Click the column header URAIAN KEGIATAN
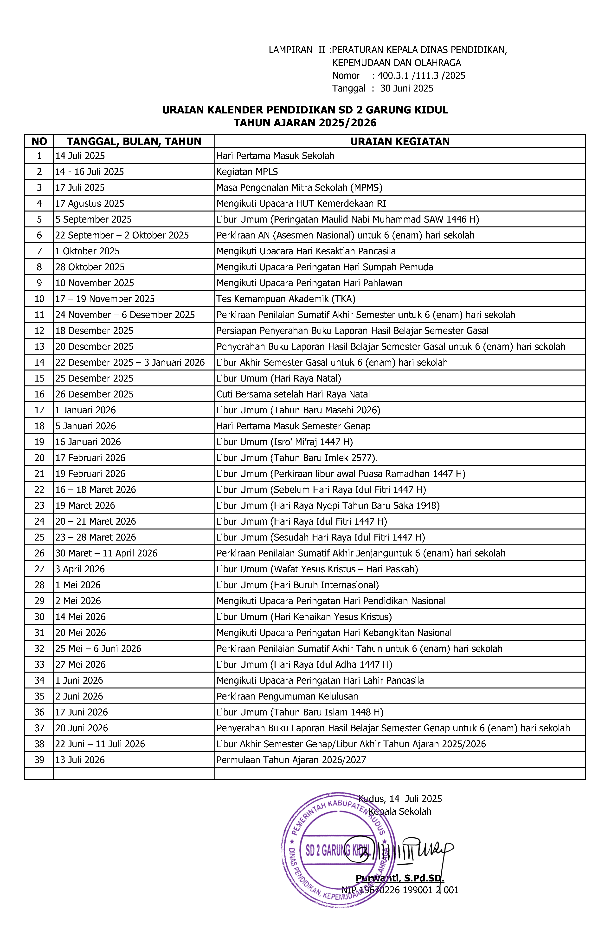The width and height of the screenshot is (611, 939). click(400, 141)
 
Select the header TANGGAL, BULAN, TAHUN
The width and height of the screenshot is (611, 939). click(134, 141)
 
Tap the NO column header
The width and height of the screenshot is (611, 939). click(39, 141)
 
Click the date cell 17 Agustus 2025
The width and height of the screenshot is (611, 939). click(90, 204)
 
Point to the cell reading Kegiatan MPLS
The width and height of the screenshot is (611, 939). click(247, 172)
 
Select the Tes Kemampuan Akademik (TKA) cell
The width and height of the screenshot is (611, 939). click(286, 299)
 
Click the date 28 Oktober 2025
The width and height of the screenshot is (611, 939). click(90, 267)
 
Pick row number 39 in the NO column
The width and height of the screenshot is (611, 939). click(39, 760)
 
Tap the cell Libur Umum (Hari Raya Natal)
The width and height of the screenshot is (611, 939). click(279, 378)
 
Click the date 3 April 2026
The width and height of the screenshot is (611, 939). click(80, 569)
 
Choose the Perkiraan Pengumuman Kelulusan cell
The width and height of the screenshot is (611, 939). click(287, 696)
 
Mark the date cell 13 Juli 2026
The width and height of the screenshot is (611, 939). click(80, 760)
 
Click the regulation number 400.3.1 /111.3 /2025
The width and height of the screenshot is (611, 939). click(421, 75)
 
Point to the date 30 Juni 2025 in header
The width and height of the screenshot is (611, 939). click(406, 88)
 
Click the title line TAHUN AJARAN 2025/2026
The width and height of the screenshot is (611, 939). click(305, 123)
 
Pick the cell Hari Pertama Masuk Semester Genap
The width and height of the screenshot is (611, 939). click(293, 426)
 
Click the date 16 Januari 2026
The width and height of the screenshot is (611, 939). click(88, 442)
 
